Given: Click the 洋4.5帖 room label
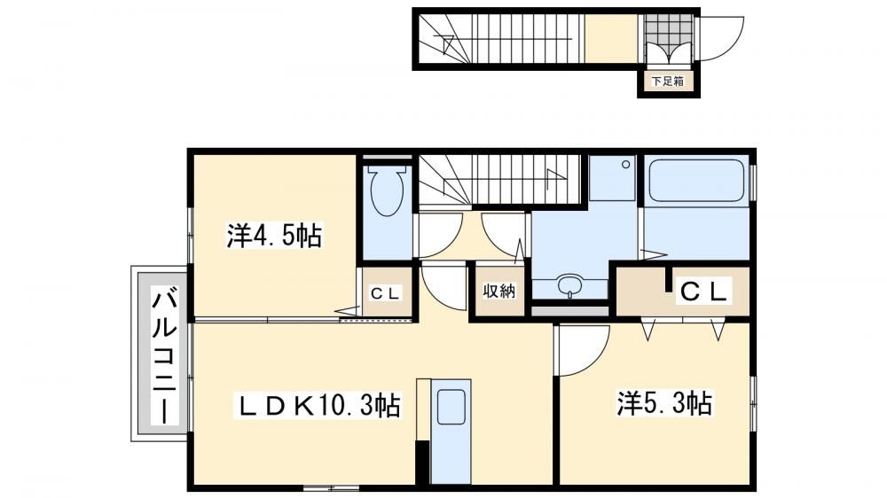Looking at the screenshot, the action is [x=274, y=236].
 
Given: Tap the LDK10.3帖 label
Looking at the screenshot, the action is [x=318, y=405].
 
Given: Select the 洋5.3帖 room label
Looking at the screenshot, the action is [x=664, y=403].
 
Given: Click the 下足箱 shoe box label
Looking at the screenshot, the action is [x=668, y=81].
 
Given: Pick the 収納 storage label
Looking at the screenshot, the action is [x=498, y=291].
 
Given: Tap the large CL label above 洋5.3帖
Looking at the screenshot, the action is [x=703, y=292].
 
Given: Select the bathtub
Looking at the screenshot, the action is [x=696, y=180].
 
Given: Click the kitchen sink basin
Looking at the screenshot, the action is [x=451, y=407].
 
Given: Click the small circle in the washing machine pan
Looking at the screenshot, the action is [x=625, y=165].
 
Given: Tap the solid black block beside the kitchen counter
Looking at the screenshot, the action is [x=422, y=462].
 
